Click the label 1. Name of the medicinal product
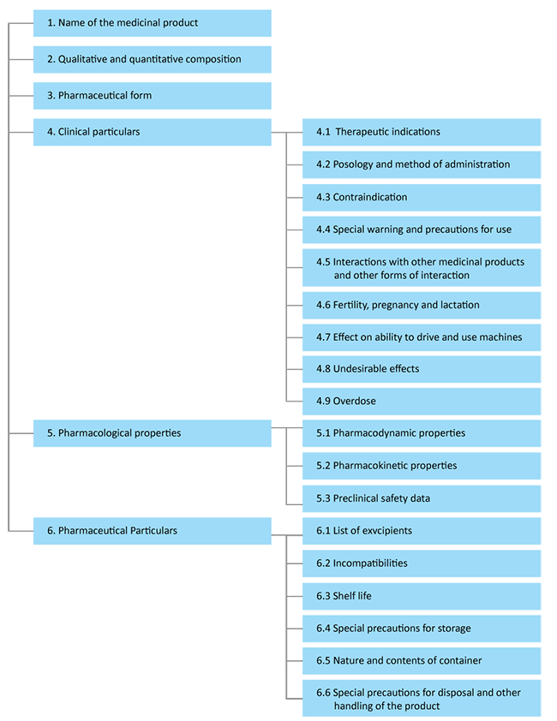122,23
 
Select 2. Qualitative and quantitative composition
143,59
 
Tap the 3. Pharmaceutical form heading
99,95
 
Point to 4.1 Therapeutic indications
378,132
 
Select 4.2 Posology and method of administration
412,164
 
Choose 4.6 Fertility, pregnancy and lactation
398,305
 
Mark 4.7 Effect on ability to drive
418,337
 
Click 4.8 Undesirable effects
367,369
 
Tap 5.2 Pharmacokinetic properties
386,466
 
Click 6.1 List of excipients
363,531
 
